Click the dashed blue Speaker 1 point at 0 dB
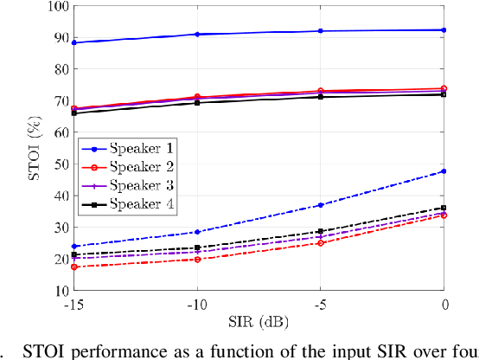pyautogui.click(x=444, y=171)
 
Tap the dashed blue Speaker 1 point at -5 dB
pyautogui.click(x=320, y=205)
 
